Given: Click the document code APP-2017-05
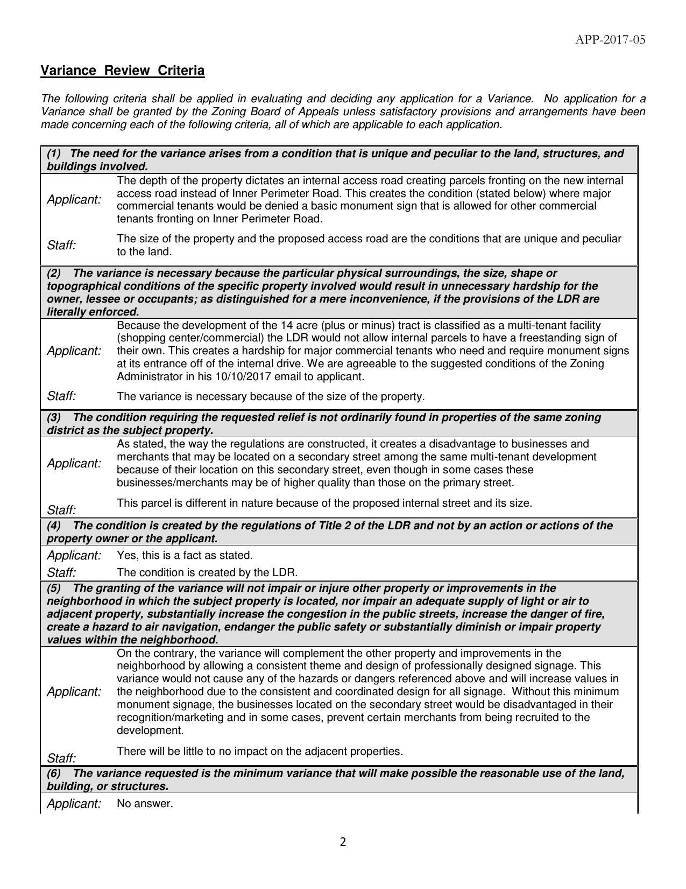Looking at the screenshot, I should pos(610,40).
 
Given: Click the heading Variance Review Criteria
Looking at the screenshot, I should pos(123,71).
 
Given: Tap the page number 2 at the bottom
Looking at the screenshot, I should pos(343,842).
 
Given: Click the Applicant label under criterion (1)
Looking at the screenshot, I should pos(74,200).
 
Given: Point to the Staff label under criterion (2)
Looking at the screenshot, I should pos(61,396).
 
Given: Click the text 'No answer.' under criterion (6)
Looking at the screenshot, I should pos(145,804).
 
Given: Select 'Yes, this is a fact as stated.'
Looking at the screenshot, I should pos(185,555).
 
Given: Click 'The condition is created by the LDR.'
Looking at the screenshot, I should pos(207,572).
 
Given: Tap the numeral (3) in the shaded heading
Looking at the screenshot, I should pos(54,418).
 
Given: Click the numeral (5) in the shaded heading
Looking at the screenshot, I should pos(54,588).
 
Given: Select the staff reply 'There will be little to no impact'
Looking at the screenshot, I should pos(259,751).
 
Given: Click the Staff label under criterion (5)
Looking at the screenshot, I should pos(61,759).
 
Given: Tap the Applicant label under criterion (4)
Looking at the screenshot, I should pos(74,555).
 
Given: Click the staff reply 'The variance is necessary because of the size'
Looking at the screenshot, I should pos(270,397).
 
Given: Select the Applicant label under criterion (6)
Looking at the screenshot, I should pos(74,804).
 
